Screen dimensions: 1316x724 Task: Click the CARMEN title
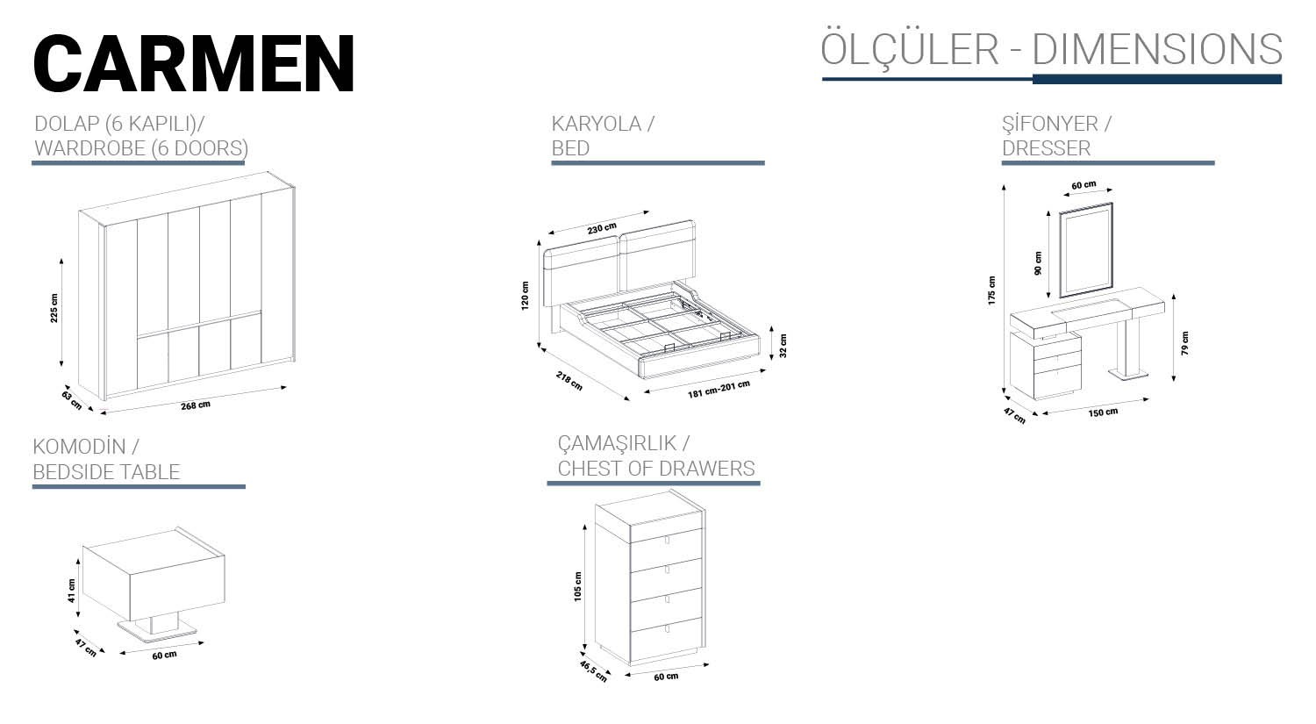194,63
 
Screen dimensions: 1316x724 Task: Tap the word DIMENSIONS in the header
1157,49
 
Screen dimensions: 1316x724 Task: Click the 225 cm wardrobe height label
54,308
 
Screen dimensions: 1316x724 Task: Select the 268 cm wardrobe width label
195,405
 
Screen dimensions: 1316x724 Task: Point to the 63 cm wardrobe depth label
72,400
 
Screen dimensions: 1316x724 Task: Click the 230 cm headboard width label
602,228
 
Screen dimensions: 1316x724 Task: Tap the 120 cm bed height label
525,296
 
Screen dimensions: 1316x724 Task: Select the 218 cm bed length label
569,381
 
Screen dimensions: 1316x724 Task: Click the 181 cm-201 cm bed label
719,389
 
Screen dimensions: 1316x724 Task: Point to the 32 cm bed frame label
783,346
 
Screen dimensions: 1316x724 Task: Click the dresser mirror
1086,250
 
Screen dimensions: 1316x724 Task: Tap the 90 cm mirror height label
1038,263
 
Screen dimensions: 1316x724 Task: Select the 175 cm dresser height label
991,290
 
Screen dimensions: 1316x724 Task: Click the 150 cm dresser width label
1103,412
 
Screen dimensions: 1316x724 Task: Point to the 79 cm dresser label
1184,343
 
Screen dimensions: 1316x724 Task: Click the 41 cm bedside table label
71,591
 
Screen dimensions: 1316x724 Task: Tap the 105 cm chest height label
577,586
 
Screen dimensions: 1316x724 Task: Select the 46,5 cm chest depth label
593,671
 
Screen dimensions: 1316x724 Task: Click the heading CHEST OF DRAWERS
656,469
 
